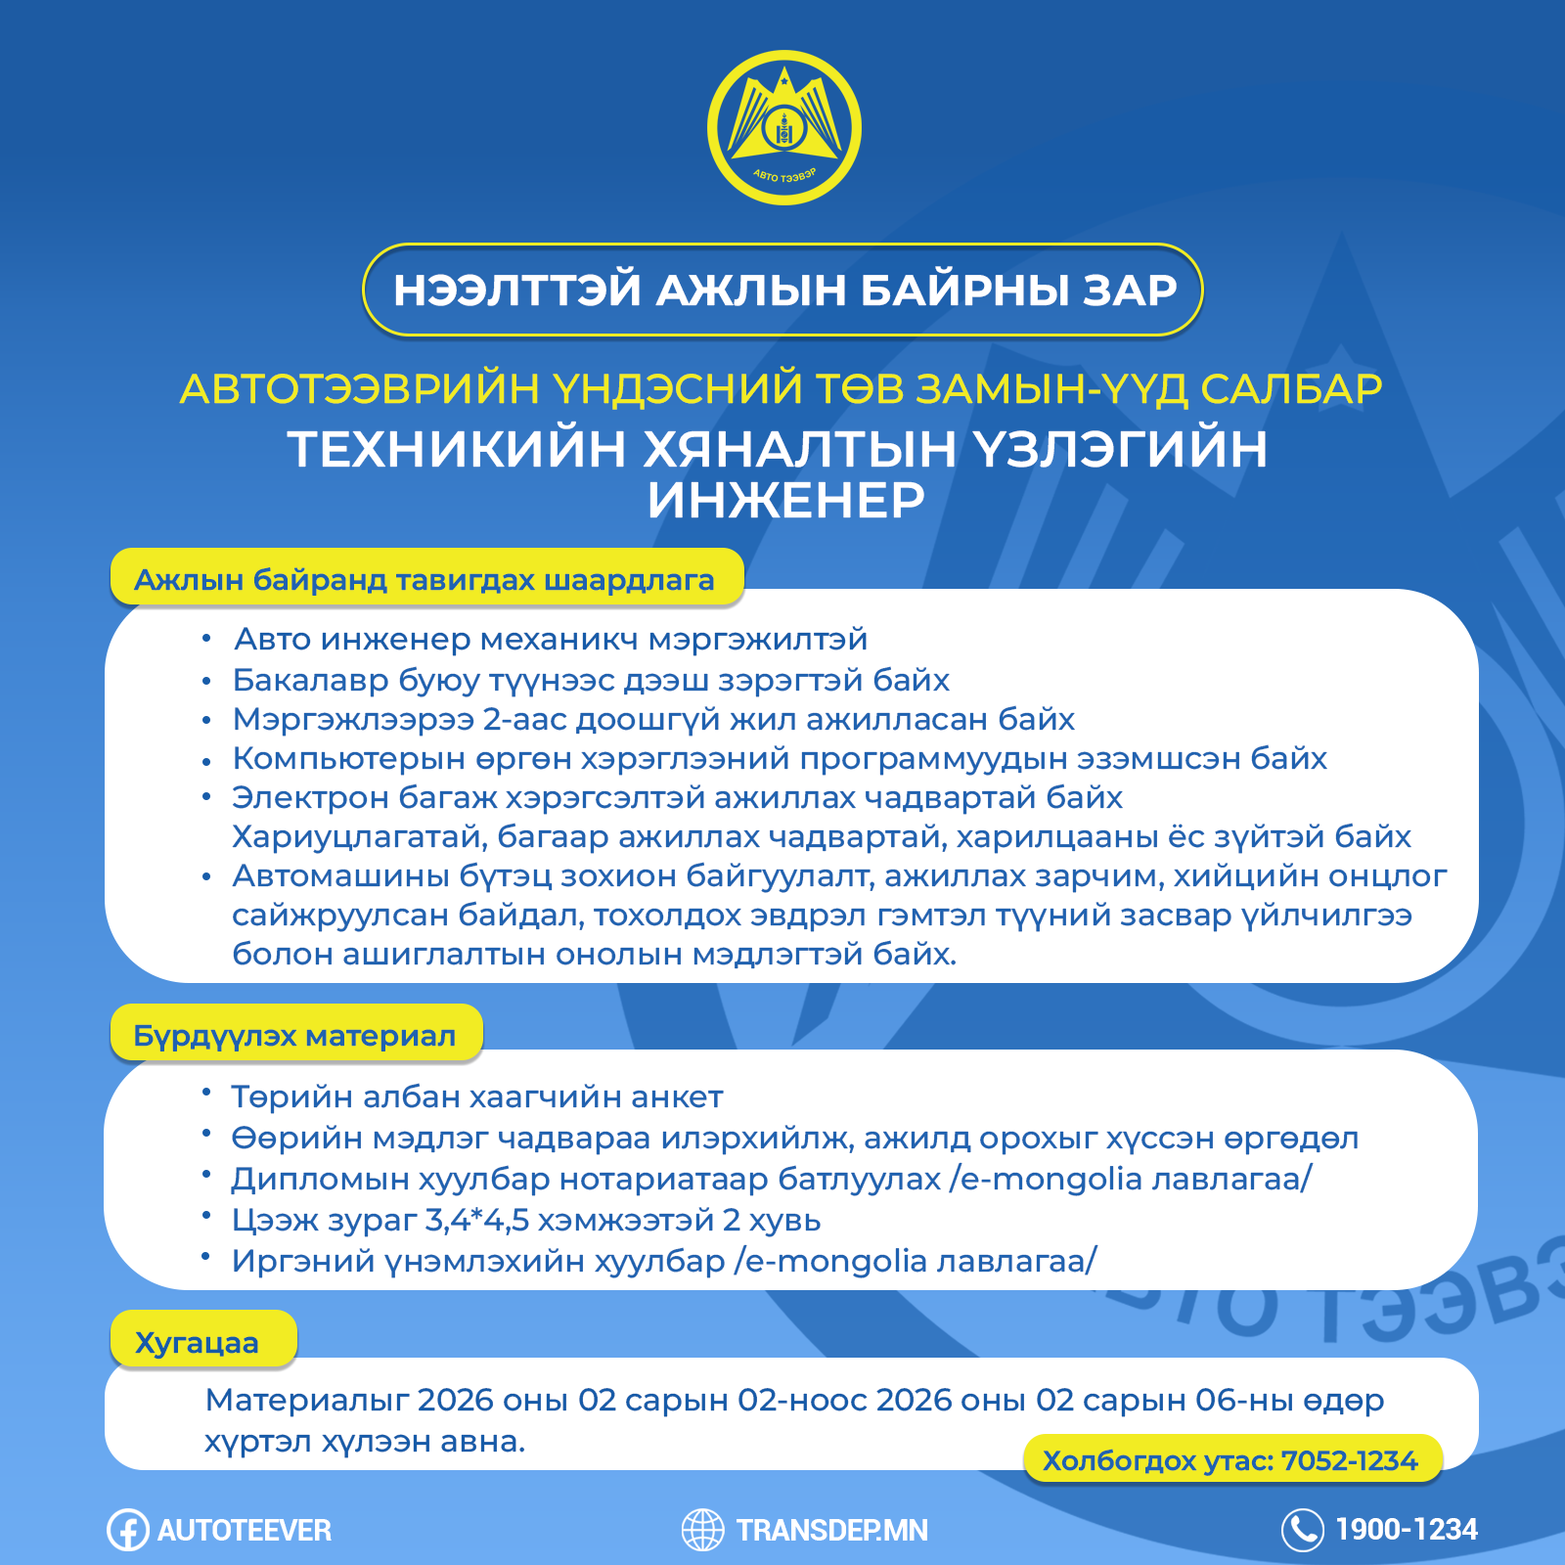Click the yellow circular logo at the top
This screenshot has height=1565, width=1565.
783,128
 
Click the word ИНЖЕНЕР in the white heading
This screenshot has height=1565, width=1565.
785,500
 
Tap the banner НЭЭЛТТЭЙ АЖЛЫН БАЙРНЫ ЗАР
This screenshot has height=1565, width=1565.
783,290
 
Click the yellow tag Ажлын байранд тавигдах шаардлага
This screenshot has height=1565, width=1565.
425,580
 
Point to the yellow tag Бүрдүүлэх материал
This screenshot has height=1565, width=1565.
294,1036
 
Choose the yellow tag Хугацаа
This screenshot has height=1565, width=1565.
198,1343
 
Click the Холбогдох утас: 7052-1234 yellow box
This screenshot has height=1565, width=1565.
1230,1460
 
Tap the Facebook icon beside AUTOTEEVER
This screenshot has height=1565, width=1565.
127,1530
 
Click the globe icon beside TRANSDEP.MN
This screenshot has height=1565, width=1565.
702,1530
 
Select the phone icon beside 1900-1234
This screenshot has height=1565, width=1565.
1302,1530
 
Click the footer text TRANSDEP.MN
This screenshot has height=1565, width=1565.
832,1530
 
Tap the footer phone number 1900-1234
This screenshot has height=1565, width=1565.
1407,1529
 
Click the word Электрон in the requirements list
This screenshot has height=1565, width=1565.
310,798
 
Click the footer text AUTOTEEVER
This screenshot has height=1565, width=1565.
245,1530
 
